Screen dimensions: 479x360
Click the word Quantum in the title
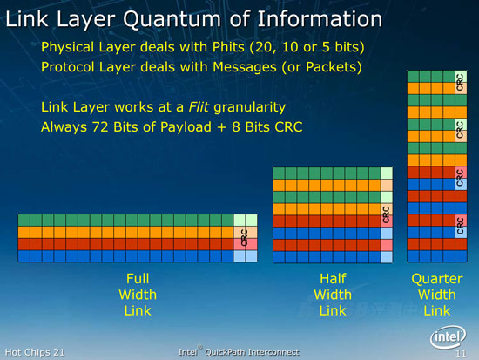click(172, 19)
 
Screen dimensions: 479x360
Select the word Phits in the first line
click(228, 47)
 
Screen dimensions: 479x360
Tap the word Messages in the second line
click(245, 67)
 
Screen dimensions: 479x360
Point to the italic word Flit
click(199, 107)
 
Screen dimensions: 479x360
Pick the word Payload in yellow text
click(186, 127)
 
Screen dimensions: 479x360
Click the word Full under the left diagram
click(138, 279)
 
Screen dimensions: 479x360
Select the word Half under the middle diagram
click(333, 279)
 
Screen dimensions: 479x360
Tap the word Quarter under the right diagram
click(437, 279)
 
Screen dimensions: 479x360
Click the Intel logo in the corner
click(448, 337)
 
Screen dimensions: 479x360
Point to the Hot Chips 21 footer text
click(35, 352)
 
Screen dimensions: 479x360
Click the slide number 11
click(461, 354)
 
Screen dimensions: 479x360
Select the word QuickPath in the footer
click(226, 352)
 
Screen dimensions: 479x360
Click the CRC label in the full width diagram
click(245, 238)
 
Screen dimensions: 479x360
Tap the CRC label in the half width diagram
click(386, 214)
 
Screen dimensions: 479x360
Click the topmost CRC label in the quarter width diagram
click(461, 82)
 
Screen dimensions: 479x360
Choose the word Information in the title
click(320, 19)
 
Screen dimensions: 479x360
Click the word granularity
click(250, 108)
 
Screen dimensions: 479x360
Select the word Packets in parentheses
click(334, 67)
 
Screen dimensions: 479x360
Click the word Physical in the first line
click(68, 48)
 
